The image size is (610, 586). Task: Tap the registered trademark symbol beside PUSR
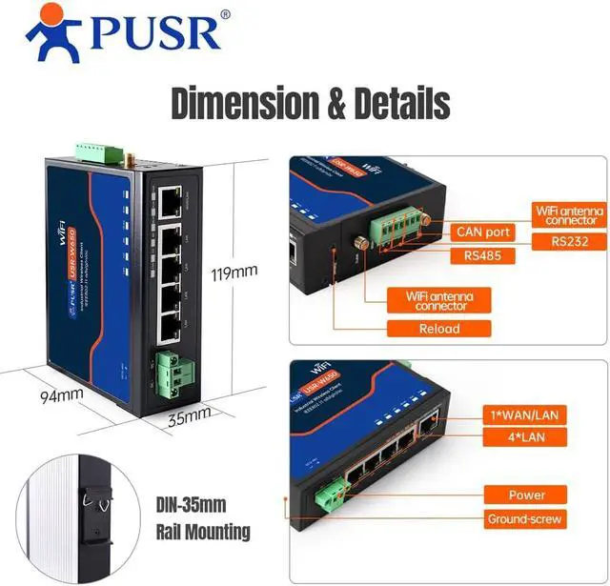point(225,14)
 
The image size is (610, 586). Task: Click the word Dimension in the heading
point(241,102)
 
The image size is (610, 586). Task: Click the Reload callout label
point(438,329)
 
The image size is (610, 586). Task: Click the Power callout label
point(525,495)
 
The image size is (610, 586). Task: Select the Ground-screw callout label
point(525,519)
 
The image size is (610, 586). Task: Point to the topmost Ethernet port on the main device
point(172,200)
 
